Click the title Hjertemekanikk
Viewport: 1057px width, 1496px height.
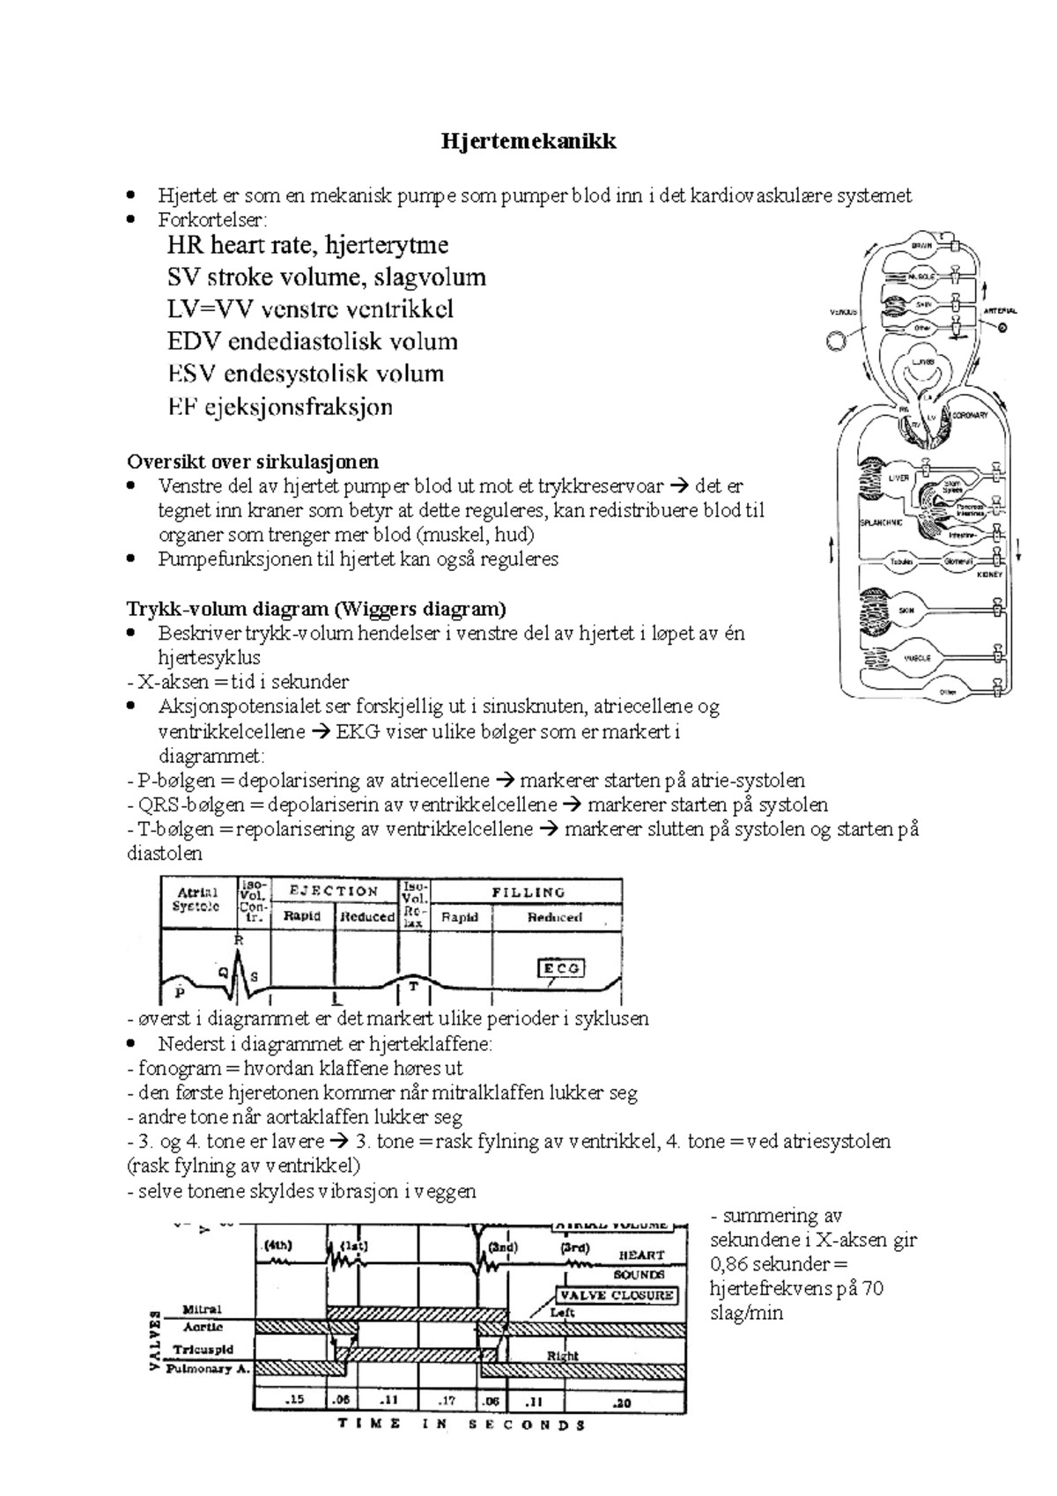[528, 141]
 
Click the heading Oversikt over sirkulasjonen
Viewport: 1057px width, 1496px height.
[253, 461]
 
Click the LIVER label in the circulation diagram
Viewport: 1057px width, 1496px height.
[898, 478]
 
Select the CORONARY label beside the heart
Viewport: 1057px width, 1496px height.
[969, 414]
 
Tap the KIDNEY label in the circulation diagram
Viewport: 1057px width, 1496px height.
[990, 574]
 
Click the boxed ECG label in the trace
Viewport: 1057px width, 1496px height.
[561, 968]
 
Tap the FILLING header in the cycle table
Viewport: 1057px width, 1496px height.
[528, 892]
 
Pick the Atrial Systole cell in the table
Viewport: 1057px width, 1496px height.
[197, 900]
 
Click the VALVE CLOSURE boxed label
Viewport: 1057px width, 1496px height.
[616, 1295]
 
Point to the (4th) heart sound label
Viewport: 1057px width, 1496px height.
[278, 1246]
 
